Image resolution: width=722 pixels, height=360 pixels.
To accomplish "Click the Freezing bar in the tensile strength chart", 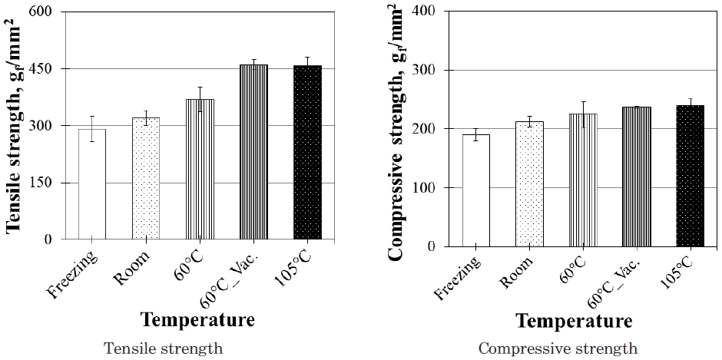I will point(92,184).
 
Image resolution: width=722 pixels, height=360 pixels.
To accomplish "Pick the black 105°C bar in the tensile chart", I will point(307,153).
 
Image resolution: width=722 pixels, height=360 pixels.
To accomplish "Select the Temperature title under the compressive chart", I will point(574,320).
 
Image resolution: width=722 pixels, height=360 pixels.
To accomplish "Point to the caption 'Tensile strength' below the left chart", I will point(164,348).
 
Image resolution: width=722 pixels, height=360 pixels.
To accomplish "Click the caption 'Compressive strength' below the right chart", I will point(558,348).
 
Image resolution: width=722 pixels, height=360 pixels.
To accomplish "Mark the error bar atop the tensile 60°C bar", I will point(200,99).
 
